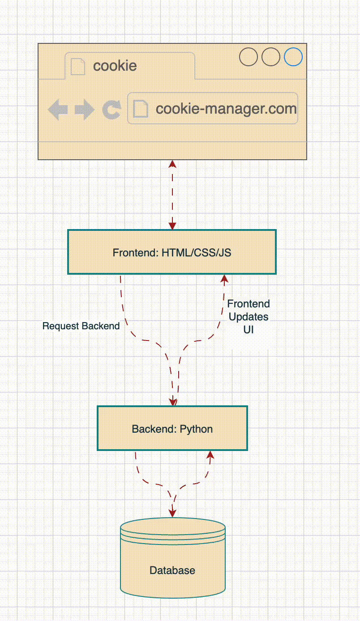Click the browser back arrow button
[58, 110]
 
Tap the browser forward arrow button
[85, 110]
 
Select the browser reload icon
[111, 110]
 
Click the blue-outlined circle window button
[293, 57]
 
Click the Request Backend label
[81, 326]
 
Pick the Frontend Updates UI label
[249, 317]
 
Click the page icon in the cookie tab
[78, 66]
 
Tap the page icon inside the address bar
[141, 109]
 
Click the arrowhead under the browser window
[172, 164]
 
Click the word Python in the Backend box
[196, 429]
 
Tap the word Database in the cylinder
[172, 570]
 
